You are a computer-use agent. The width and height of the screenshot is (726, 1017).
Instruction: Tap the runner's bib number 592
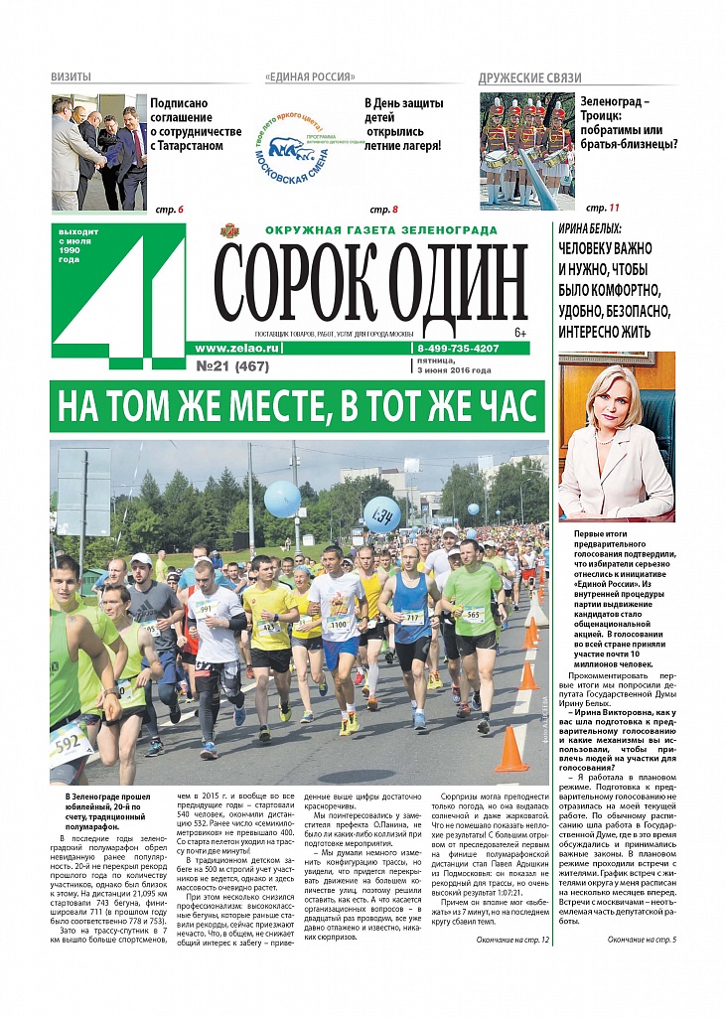tap(67, 743)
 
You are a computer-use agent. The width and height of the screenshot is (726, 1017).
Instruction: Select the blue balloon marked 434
tap(382, 513)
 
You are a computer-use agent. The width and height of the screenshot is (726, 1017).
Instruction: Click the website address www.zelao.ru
tap(238, 349)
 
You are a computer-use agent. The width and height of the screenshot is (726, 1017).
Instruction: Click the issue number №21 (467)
tap(233, 365)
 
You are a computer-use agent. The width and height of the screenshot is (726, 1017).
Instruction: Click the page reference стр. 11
tap(602, 209)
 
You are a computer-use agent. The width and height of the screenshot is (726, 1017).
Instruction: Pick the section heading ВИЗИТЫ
tap(72, 77)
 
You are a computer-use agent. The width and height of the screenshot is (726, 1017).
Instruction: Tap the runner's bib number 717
tap(412, 617)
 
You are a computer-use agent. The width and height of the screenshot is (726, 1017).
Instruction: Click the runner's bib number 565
tap(474, 613)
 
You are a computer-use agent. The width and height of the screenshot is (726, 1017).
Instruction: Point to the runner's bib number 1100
tap(338, 625)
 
